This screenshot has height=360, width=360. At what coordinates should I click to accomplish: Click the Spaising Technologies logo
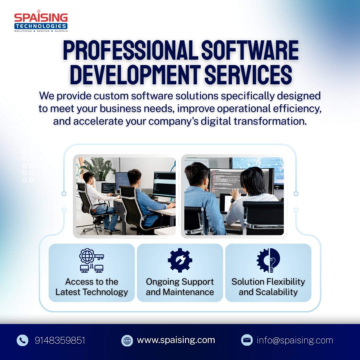41,22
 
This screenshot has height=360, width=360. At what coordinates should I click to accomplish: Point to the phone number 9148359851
60,340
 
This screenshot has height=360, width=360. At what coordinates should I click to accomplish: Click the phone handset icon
22,340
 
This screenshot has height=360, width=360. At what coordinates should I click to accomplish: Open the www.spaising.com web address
176,340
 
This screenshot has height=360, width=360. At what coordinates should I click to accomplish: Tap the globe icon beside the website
127,340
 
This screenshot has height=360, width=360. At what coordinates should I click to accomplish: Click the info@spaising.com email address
295,340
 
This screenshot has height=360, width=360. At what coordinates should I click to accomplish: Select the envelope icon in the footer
247,340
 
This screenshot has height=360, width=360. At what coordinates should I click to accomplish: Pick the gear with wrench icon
180,260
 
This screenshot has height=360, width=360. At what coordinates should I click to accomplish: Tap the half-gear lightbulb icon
268,260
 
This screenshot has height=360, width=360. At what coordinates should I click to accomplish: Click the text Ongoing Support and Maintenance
180,287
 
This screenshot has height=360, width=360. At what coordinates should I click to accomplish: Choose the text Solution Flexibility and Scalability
268,287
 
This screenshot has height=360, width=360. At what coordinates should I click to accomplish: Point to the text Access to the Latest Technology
92,287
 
